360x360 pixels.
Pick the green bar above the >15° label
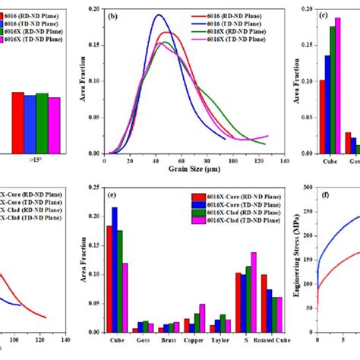point(42,123)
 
